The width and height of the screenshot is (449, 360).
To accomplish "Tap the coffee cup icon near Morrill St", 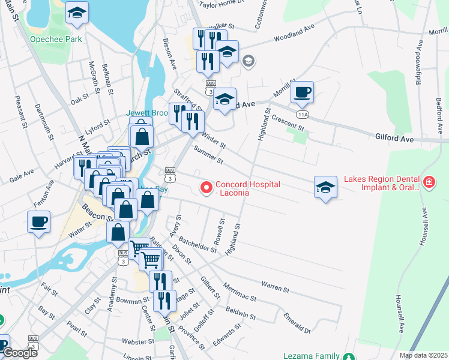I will click(302, 93).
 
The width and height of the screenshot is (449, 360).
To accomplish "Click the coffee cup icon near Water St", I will click(39, 222).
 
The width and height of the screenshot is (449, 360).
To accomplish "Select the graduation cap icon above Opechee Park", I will click(77, 13).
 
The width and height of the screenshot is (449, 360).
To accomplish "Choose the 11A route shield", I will click(302, 113).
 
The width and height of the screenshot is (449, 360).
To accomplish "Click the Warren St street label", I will click(276, 286).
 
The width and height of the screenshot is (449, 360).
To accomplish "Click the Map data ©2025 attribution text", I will click(423, 355).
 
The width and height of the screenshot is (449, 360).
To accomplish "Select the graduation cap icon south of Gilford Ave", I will click(325, 187).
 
